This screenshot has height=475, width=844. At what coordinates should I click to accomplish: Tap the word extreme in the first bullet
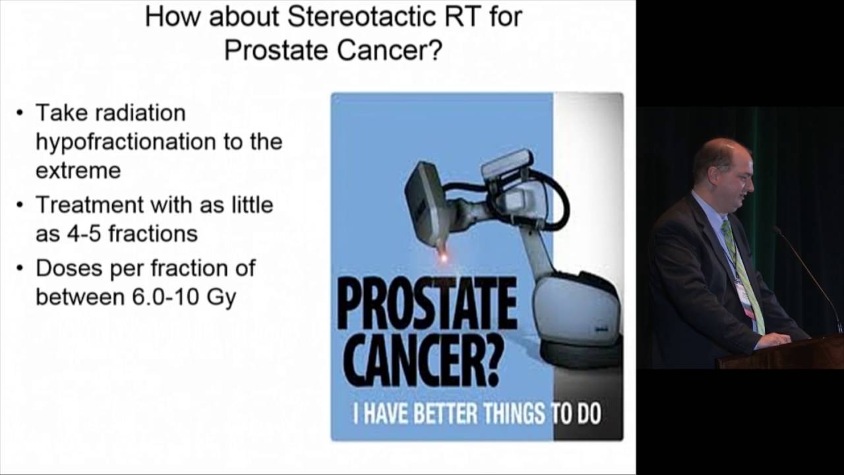78,171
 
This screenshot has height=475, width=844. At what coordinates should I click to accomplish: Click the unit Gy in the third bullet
222,298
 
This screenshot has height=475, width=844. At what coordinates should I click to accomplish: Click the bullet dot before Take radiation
20,113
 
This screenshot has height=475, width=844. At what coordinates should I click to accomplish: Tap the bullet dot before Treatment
20,205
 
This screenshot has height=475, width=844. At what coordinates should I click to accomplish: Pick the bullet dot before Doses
20,269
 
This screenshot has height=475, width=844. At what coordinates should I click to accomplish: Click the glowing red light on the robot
442,257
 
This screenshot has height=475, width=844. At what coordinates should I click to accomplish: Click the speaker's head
722,168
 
